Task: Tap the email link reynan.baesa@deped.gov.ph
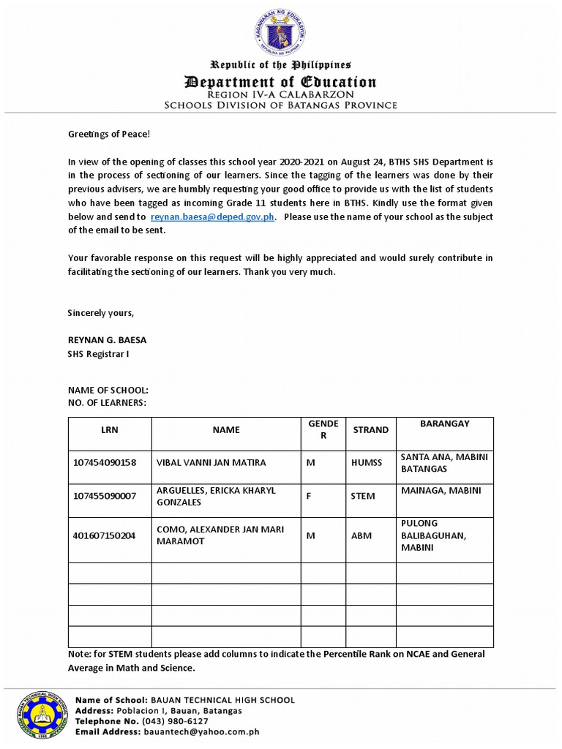coord(213,217)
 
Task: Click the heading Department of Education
coord(281,82)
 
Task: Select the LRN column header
coord(110,430)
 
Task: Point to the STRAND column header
coord(371,430)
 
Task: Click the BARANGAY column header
coord(445,424)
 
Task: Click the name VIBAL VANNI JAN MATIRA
coord(211,463)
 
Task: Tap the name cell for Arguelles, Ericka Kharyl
coord(216,496)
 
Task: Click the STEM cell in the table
coord(363,496)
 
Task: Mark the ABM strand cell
coord(361,535)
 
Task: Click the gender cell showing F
coord(310,496)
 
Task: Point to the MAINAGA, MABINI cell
coord(441,491)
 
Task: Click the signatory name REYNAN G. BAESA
coord(108,339)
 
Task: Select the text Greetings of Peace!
coord(108,135)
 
